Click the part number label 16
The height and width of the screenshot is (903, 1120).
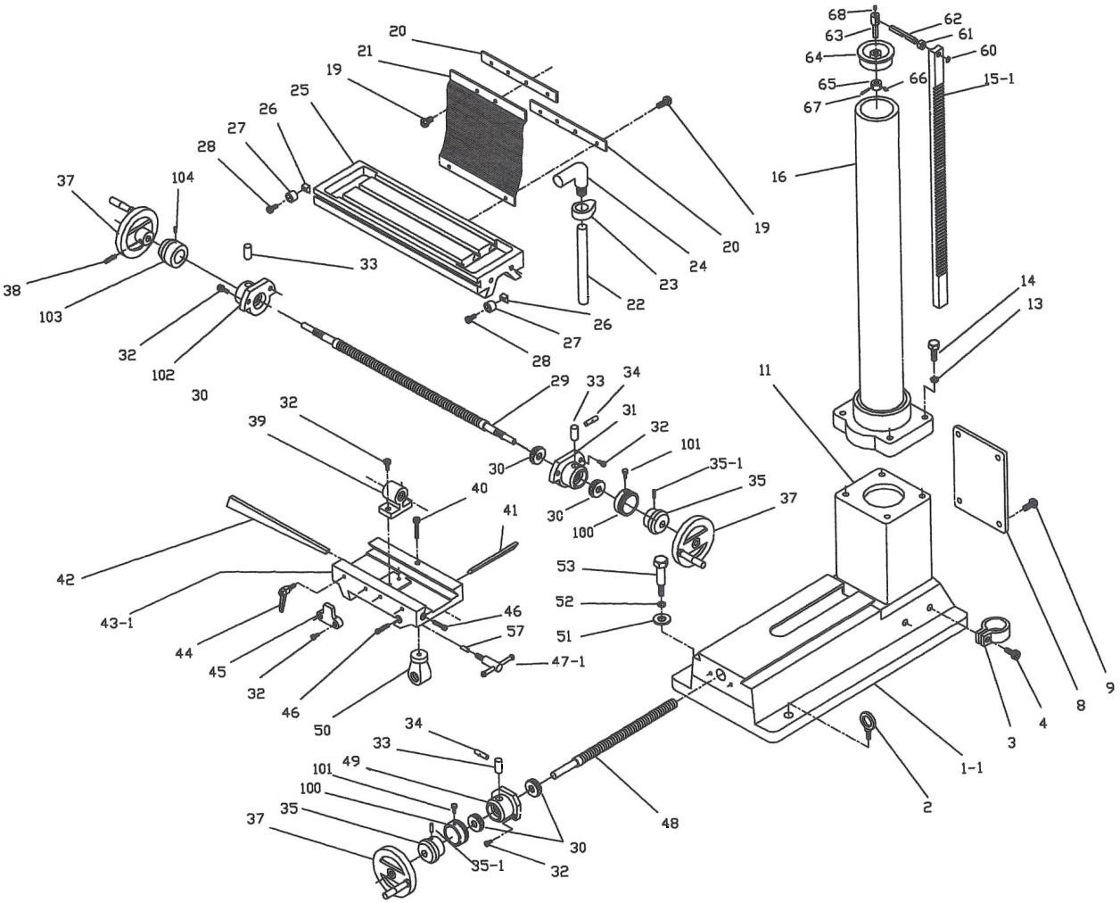click(x=779, y=177)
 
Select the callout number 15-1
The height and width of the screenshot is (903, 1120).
click(x=999, y=79)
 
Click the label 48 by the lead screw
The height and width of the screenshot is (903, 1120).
click(x=670, y=823)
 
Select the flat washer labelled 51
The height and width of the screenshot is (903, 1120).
click(x=662, y=619)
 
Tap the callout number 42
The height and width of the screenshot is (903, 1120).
click(x=66, y=578)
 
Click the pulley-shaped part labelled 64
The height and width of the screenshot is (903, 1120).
click(x=876, y=56)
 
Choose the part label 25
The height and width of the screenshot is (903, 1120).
click(x=300, y=90)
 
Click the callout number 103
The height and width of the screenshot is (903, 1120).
click(x=51, y=316)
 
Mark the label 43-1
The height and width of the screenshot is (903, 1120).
click(x=118, y=622)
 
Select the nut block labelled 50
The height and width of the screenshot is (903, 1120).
click(x=419, y=667)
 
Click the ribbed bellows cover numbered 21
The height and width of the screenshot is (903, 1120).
click(x=482, y=135)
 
